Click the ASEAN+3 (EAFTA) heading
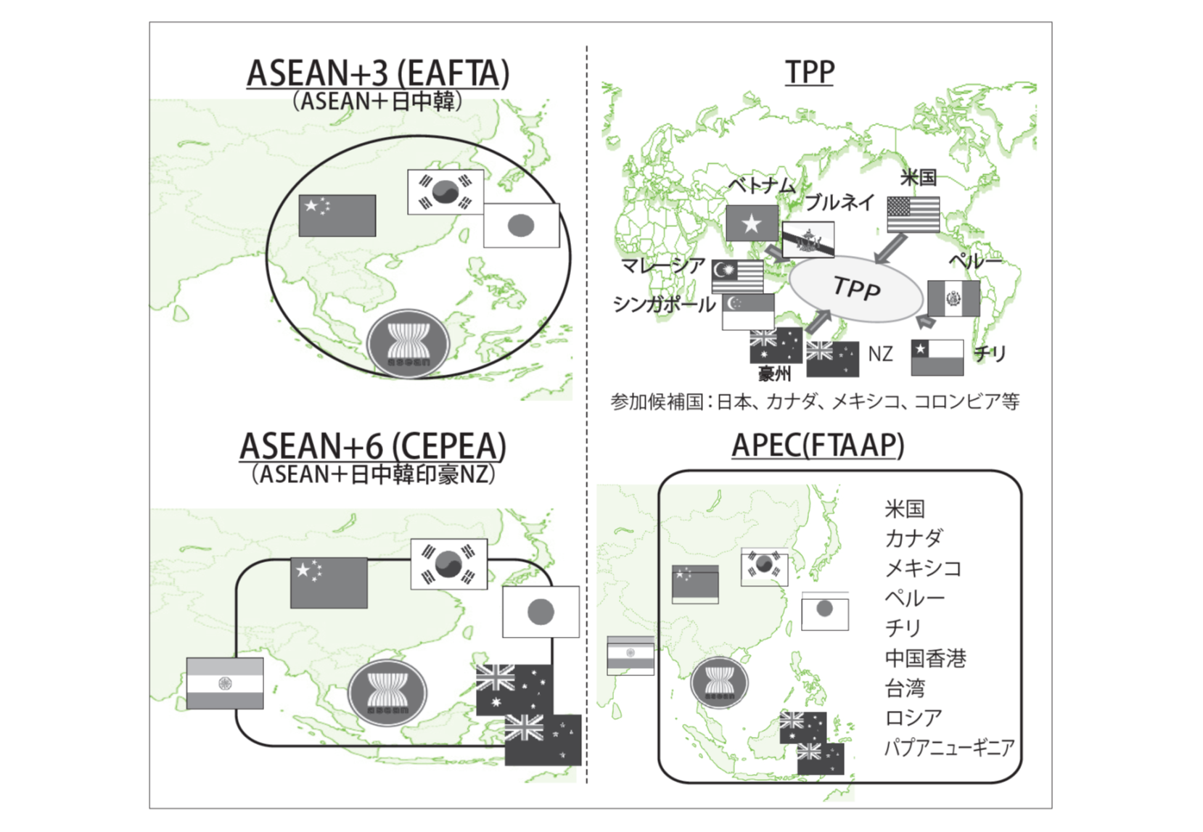click(377, 73)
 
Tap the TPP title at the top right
click(810, 72)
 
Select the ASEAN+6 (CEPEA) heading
click(373, 446)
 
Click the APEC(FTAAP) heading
click(818, 445)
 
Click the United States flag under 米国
click(913, 215)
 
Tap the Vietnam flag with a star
click(752, 223)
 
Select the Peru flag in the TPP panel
click(953, 298)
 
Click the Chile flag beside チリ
click(937, 357)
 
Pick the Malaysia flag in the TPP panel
click(737, 276)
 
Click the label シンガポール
click(664, 305)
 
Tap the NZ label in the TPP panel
click(880, 354)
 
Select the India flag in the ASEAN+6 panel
click(225, 683)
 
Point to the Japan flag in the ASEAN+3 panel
click(521, 226)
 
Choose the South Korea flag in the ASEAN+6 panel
click(448, 564)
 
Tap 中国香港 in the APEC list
click(925, 658)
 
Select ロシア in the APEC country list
click(913, 717)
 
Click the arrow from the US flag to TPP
click(889, 249)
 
